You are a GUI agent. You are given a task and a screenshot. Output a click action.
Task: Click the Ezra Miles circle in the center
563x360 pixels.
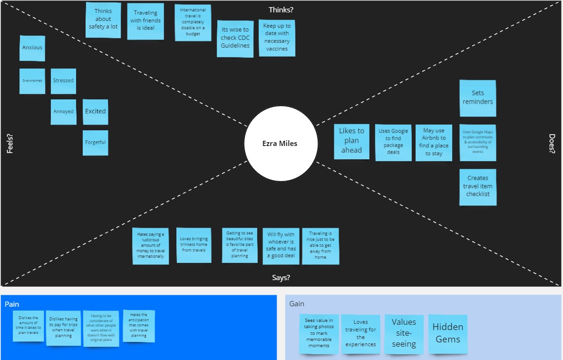click(x=281, y=143)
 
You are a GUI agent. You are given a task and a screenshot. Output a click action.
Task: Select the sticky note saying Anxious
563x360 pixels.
click(x=32, y=48)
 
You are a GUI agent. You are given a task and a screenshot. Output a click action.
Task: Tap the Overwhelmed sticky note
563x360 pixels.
click(x=32, y=81)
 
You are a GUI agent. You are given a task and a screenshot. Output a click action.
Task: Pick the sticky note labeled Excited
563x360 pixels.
click(x=96, y=112)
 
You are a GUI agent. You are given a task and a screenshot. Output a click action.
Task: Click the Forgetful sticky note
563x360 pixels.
click(x=96, y=143)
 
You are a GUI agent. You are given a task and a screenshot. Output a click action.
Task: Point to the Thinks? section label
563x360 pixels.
click(x=281, y=10)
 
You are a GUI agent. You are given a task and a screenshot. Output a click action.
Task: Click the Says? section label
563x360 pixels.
click(x=281, y=278)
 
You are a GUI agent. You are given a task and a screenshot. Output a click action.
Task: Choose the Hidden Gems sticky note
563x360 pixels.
click(x=448, y=333)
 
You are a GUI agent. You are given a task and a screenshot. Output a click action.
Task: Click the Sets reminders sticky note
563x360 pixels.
click(x=478, y=98)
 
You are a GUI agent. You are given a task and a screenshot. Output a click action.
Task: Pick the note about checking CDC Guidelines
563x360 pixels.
click(x=235, y=38)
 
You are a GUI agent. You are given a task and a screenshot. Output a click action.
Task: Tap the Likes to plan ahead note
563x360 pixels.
click(x=351, y=141)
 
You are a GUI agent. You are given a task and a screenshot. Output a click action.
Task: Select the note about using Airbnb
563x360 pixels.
click(x=434, y=142)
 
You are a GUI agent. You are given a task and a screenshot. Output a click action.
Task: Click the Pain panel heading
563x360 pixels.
click(x=12, y=304)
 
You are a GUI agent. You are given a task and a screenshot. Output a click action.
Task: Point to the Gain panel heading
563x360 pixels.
click(x=297, y=304)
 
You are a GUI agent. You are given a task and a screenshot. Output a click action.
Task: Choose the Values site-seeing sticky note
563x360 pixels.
click(x=404, y=333)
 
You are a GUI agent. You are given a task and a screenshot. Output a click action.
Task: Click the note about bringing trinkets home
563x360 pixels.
click(x=194, y=245)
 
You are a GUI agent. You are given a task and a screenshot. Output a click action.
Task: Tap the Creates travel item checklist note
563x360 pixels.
click(x=478, y=186)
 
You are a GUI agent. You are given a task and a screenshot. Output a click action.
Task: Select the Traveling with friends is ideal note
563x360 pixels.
click(x=146, y=21)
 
